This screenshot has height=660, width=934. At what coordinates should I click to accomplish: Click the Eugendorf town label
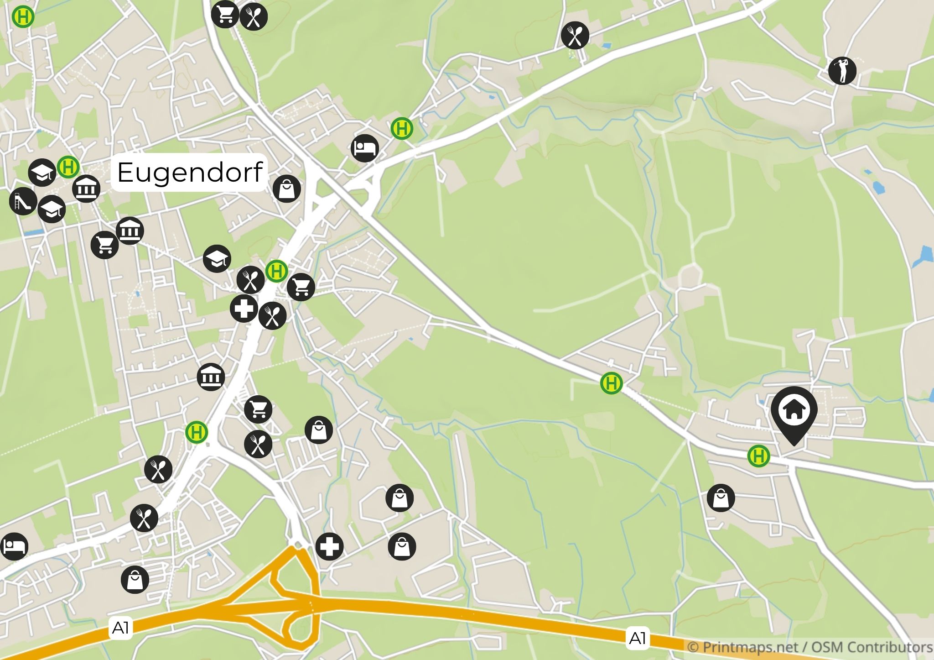click(189, 172)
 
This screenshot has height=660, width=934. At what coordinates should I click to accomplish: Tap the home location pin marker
click(794, 413)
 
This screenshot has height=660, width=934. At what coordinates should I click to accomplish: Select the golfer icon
click(842, 71)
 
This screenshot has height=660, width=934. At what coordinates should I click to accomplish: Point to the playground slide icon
click(23, 201)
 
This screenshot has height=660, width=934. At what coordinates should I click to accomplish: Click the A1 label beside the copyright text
click(637, 638)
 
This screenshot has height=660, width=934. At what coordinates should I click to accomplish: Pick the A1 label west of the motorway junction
click(120, 628)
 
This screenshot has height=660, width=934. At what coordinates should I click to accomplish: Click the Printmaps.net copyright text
click(809, 647)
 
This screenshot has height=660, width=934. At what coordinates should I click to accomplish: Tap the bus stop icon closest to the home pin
click(758, 456)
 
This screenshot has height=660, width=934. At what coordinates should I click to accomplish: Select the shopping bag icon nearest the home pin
click(721, 498)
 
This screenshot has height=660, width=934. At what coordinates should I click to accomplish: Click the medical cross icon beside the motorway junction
click(329, 546)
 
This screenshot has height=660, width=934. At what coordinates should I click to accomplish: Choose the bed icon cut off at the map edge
click(14, 546)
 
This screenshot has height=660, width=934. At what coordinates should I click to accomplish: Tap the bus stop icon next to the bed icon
click(402, 129)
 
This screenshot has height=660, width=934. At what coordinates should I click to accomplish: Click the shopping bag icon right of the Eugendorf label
click(287, 189)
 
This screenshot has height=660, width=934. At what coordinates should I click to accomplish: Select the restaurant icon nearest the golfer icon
click(575, 35)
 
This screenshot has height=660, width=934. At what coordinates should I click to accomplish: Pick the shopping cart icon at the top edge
click(225, 14)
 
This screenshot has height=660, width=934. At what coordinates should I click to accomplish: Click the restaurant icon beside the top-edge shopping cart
click(254, 17)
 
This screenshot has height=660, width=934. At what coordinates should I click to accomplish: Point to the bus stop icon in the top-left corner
click(23, 17)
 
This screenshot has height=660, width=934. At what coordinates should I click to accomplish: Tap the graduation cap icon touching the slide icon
click(52, 210)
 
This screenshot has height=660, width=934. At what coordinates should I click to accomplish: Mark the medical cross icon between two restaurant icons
click(244, 309)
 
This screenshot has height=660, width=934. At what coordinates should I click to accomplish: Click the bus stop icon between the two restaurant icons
click(276, 272)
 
